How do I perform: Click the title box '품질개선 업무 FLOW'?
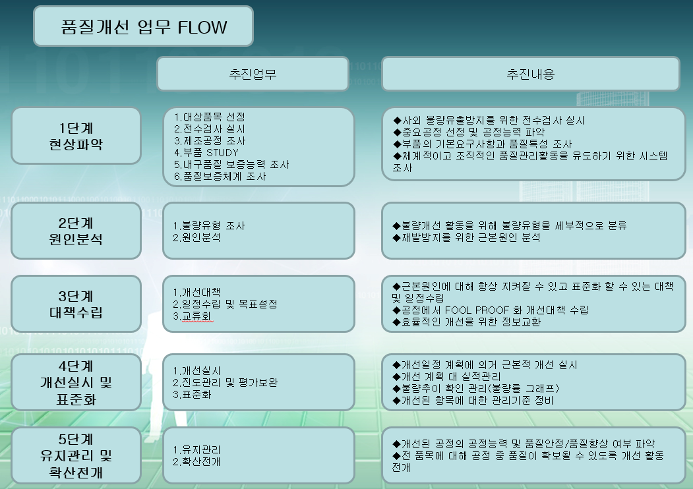coord(143,26)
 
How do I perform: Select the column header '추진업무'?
coord(252,74)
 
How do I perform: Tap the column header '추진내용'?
coord(530,74)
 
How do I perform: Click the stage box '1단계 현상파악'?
coord(76,135)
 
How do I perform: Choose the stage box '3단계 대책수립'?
coord(76,303)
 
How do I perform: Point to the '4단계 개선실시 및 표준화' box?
coord(76,382)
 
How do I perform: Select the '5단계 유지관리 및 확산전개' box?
coord(76,455)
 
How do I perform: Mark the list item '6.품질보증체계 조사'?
coord(220,176)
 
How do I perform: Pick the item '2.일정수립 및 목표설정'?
coord(225,304)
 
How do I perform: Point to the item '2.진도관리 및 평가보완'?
coord(225,383)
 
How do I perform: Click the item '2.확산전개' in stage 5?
coord(196,461)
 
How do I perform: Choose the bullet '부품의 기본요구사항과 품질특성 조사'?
coord(482,144)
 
